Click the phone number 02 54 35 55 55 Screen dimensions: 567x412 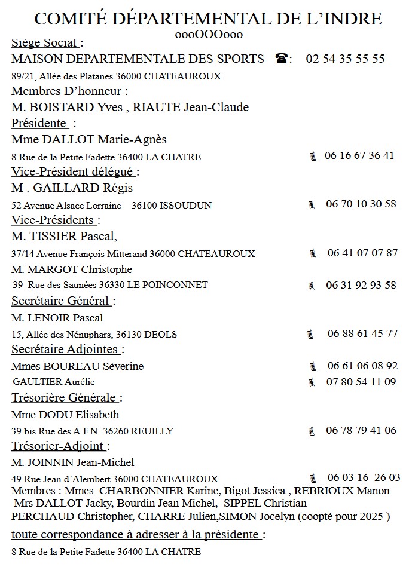coord(345,59)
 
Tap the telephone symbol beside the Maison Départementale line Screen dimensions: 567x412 coord(282,59)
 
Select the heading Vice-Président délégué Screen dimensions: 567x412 coord(74,171)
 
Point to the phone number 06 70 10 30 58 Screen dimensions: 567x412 coord(361,204)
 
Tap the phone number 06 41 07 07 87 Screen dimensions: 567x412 coord(362,253)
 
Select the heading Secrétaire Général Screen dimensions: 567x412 coord(61,301)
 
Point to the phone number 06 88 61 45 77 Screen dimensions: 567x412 coord(362,333)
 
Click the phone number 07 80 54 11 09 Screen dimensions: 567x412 coord(361,382)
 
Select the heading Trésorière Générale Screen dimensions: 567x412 coord(64,397)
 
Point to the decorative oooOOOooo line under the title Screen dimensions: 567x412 coord(209,34)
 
